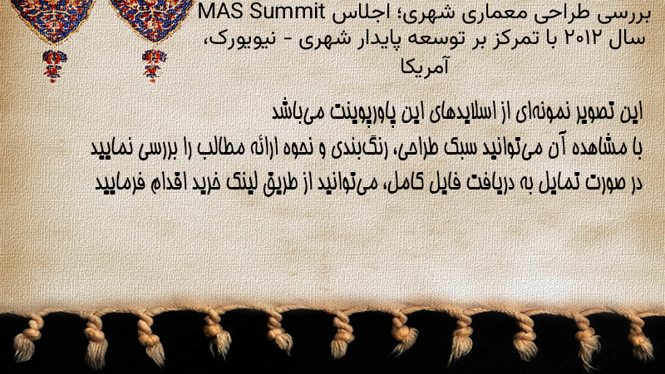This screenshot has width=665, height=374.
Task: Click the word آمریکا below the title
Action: (425, 66)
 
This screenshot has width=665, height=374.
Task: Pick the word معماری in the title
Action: (495, 12)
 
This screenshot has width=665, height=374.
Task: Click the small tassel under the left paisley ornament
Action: (53, 65)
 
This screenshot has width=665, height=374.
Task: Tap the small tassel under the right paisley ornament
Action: (154, 65)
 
